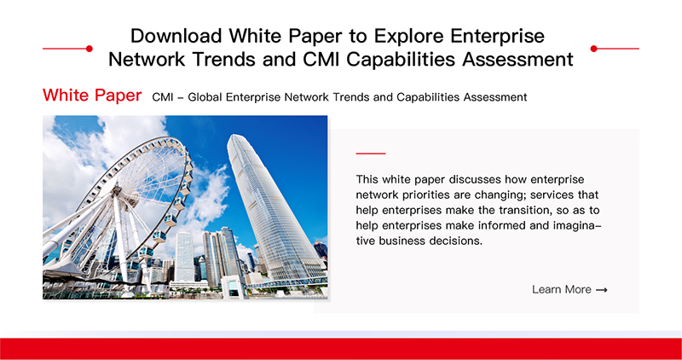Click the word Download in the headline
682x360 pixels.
tap(176, 36)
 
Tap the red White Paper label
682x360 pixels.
tap(92, 96)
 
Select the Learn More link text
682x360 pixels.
tap(562, 289)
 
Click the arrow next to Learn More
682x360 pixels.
tap(602, 290)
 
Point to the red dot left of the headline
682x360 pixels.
tap(90, 49)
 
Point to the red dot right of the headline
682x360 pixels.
tap(593, 49)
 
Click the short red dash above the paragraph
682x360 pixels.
tap(371, 154)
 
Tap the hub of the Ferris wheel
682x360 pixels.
tap(117, 189)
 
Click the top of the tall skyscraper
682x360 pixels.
tap(233, 136)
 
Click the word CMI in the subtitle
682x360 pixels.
tap(163, 97)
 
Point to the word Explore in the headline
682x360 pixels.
tap(410, 36)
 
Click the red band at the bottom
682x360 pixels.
tap(341, 349)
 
